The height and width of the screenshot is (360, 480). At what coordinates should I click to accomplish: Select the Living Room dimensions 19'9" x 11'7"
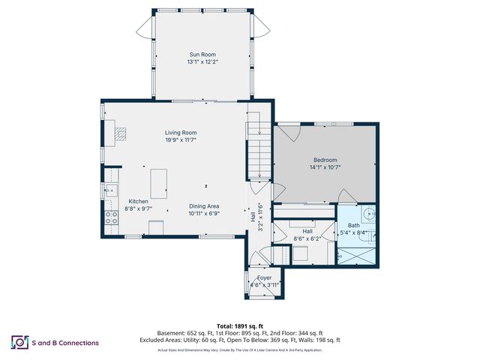coord(181,140)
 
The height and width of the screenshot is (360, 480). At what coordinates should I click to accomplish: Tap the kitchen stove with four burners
coord(111,218)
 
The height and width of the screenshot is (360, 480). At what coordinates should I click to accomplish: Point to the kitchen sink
coord(109,190)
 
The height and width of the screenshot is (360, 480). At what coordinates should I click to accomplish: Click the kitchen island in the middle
coord(158,183)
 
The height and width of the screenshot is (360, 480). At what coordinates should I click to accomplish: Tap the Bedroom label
coord(325,160)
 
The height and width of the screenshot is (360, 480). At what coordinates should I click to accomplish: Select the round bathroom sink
coord(369,211)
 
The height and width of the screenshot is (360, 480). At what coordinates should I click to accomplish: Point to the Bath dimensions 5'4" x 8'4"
coord(353,232)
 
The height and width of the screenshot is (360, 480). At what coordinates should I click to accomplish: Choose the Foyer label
coord(265,277)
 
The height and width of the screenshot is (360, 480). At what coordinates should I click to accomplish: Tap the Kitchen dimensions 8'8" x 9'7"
coord(138,209)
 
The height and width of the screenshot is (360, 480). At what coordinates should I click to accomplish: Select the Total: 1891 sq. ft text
coord(240,325)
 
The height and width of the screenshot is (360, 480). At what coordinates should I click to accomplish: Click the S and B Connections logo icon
coord(19,343)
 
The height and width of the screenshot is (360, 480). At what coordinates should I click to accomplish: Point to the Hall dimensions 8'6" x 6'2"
coord(307,238)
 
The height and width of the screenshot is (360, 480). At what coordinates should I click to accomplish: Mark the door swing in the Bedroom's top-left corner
coord(289,131)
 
